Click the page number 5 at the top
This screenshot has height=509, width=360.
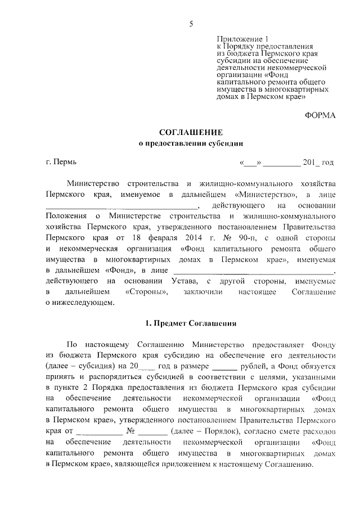click(x=191, y=23)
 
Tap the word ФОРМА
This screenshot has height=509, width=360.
click(x=319, y=115)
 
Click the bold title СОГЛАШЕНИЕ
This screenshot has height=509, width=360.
click(x=191, y=132)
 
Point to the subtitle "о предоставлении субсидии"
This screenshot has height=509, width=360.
click(x=191, y=145)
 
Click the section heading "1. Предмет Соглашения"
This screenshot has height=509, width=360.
click(x=191, y=323)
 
